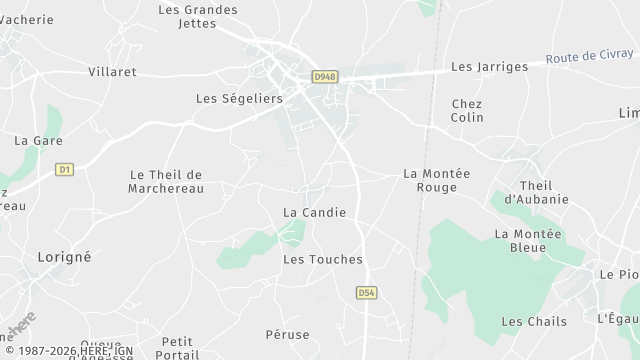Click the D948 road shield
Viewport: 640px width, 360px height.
pos(324,76)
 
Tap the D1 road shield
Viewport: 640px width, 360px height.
pos(65,169)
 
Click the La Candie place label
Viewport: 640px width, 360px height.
pos(314,212)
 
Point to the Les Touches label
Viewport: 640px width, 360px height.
pos(323,259)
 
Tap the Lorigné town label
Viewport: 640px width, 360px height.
pos(64,257)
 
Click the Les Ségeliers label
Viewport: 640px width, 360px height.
pos(239,99)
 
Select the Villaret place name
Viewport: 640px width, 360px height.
pos(112,72)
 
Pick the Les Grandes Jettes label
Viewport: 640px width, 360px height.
pos(198,16)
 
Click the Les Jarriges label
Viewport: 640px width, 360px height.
pos(489,67)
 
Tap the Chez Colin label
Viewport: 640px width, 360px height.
pos(467,110)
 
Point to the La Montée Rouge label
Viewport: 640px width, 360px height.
pos(436,180)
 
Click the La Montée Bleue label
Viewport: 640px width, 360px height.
pos(528,240)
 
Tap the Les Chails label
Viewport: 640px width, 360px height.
pos(534,321)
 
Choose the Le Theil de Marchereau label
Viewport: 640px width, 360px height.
pos(166,181)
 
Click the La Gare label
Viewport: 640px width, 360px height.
pos(38,141)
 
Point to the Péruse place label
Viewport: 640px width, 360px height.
pos(288,334)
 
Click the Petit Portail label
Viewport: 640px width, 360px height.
pos(177,348)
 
